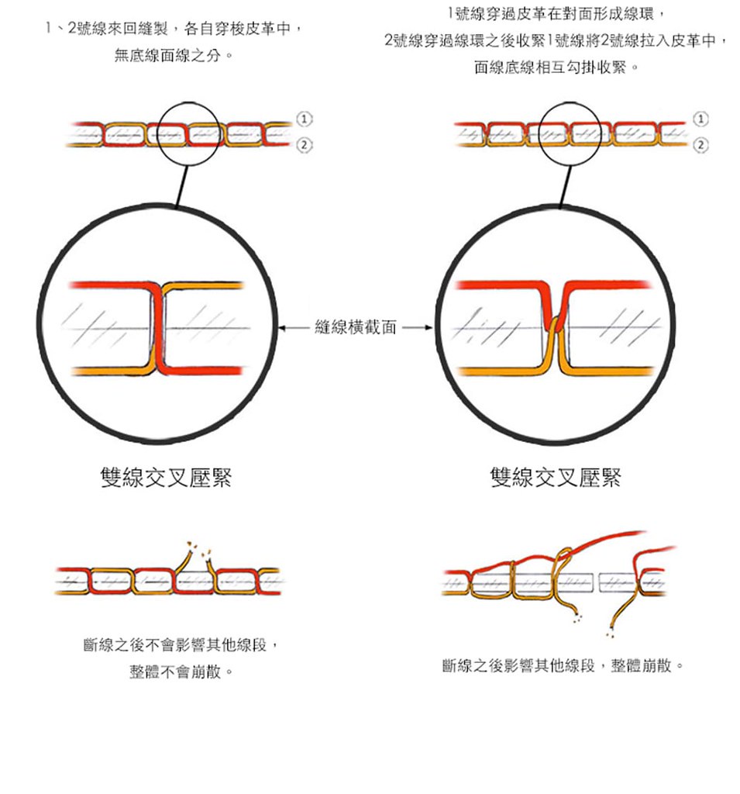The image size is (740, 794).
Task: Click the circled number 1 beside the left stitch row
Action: tap(305, 119)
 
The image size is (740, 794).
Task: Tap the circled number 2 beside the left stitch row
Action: tap(305, 145)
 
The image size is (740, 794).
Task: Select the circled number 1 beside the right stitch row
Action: tap(702, 119)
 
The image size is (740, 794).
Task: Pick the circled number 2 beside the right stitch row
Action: tap(702, 145)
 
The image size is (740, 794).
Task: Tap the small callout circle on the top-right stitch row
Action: tap(570, 133)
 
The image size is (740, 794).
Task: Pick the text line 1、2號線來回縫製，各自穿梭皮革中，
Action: tap(174, 29)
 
